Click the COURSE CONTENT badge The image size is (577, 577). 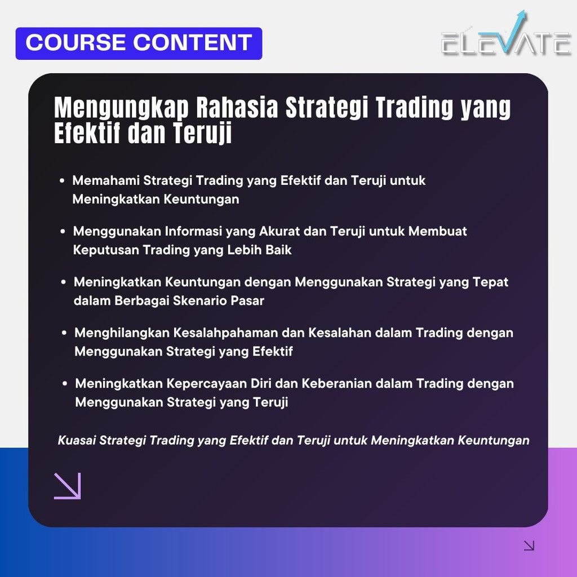pos(139,43)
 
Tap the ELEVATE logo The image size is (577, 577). pos(506,39)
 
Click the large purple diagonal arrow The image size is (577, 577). pos(68,486)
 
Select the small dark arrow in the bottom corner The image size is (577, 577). pos(529,545)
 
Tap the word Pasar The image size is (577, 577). pos(247,300)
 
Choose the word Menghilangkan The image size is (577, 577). pos(121,332)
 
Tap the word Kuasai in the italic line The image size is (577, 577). pos(77,440)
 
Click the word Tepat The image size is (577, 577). pos(490,282)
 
